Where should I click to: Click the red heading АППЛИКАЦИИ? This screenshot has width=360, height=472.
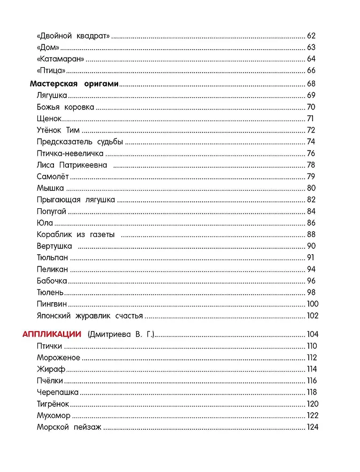(x=51, y=334)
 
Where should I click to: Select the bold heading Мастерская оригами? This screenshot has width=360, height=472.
(x=74, y=84)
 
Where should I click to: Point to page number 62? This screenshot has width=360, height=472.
(x=312, y=36)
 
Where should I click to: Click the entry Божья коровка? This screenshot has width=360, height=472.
(x=65, y=107)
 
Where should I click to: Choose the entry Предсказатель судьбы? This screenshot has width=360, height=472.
(x=80, y=141)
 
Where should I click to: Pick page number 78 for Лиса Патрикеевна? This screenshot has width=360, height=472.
(x=312, y=165)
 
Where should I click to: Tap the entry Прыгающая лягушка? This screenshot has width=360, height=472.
(x=76, y=200)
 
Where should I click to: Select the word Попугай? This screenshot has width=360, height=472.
(x=51, y=211)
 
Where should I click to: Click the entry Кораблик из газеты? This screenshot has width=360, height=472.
(x=76, y=234)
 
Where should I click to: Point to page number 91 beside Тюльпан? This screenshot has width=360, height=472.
(x=311, y=258)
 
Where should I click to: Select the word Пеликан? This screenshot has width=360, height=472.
(x=52, y=269)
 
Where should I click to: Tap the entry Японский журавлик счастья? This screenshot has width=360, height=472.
(x=90, y=316)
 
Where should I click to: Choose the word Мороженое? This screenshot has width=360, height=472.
(x=58, y=358)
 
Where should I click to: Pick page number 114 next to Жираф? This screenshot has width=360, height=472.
(x=312, y=369)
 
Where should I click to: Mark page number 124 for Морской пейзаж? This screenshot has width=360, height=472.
(x=312, y=427)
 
